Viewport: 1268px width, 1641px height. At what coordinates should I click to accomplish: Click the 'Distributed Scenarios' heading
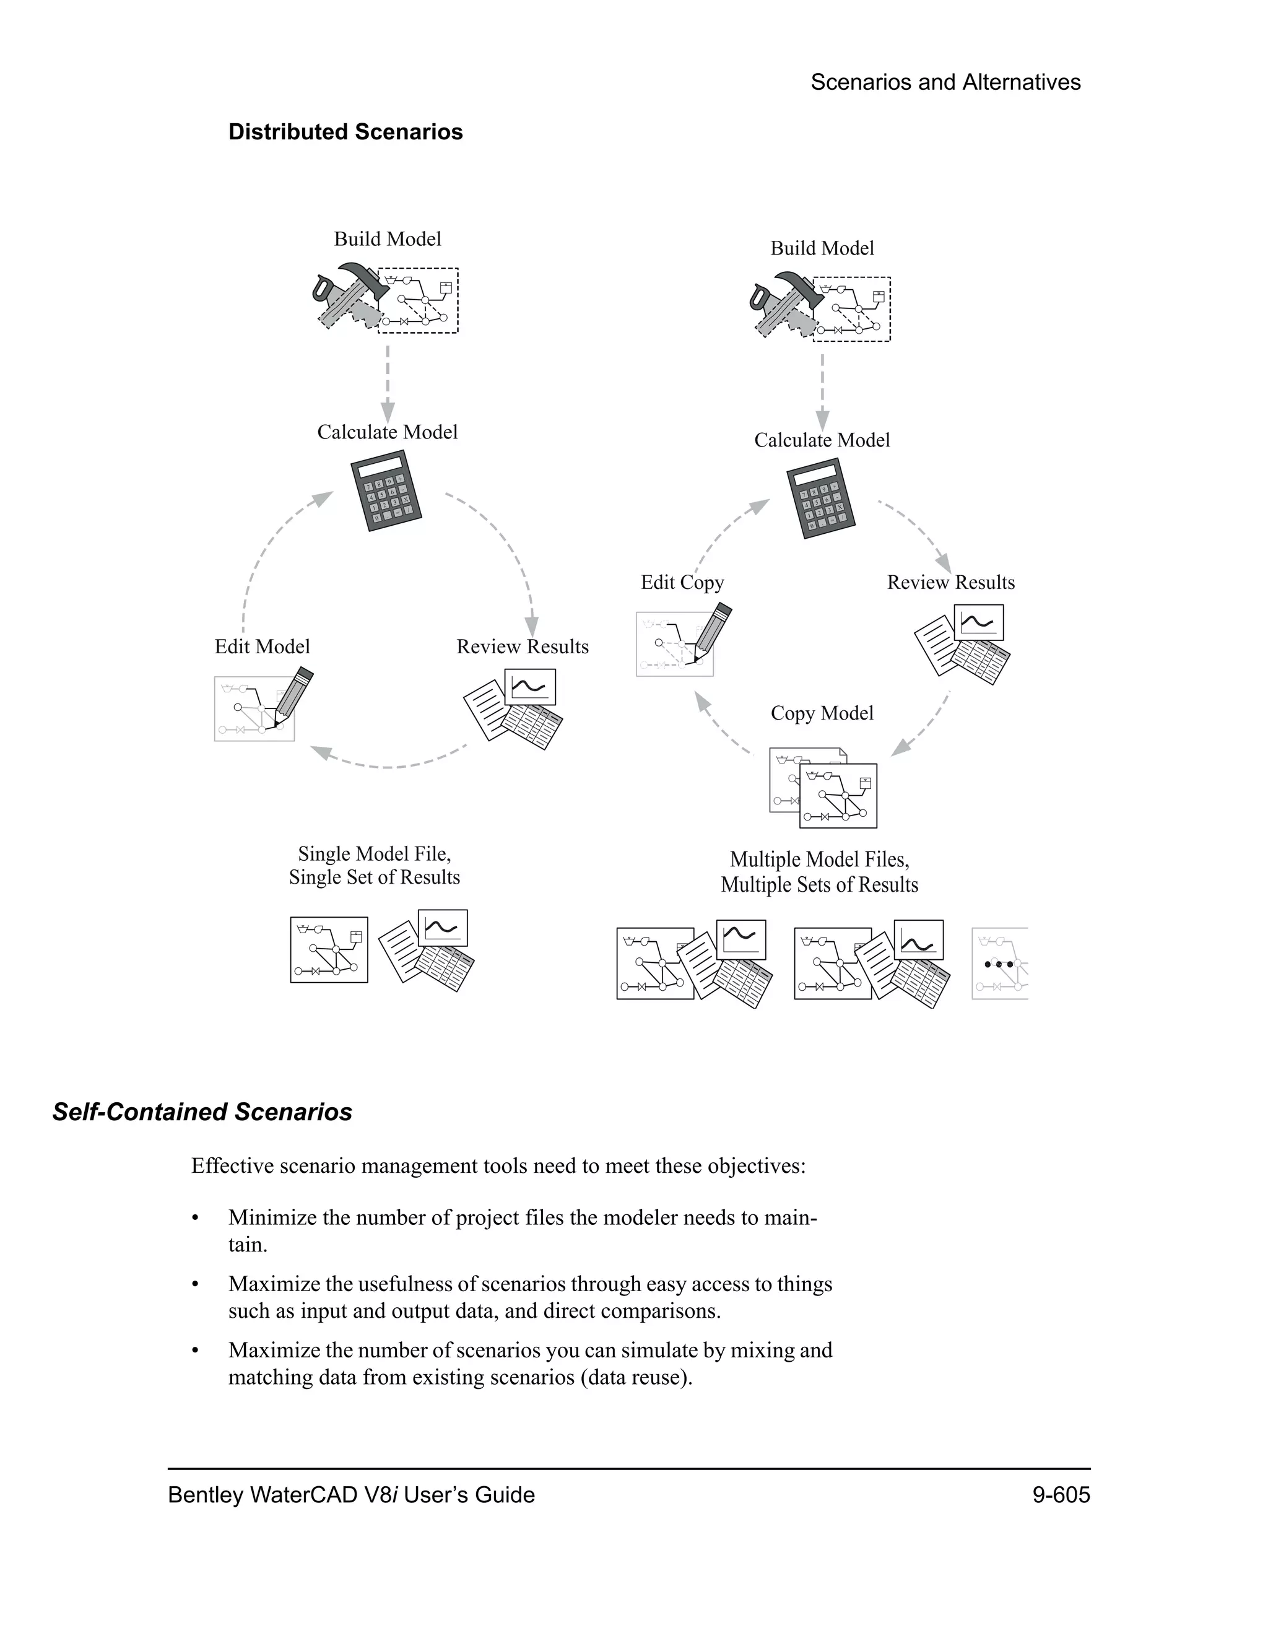click(345, 133)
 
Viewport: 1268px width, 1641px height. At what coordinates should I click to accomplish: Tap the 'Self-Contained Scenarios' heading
click(202, 1112)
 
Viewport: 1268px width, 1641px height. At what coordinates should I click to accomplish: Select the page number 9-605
click(1060, 1494)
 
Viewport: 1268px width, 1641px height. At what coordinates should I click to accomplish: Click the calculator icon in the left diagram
click(386, 490)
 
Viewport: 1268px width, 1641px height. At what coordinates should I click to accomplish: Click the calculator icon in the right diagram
click(821, 498)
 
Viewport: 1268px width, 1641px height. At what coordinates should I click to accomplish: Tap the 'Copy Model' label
click(822, 713)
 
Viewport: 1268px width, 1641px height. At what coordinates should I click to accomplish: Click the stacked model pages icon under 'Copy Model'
click(823, 788)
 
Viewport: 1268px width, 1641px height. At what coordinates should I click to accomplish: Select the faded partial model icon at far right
click(999, 964)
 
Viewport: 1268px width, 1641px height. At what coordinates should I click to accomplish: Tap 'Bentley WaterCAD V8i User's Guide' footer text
click(351, 1494)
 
